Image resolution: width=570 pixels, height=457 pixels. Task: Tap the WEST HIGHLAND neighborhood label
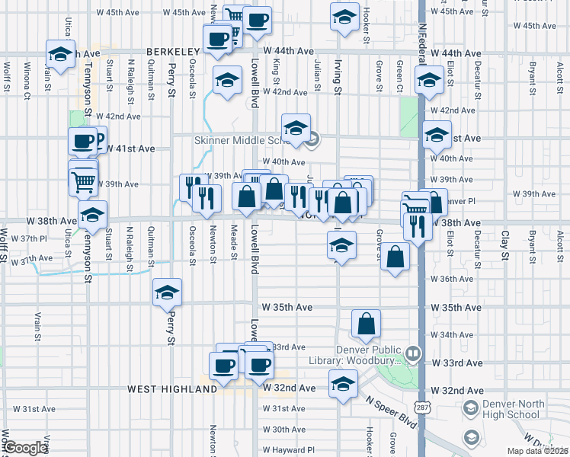pos(172,389)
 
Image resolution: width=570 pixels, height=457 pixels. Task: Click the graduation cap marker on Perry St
pos(168,292)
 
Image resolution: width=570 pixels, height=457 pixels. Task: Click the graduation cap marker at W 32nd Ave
pos(343,385)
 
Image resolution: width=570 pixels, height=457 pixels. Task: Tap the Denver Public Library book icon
pos(412,353)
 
